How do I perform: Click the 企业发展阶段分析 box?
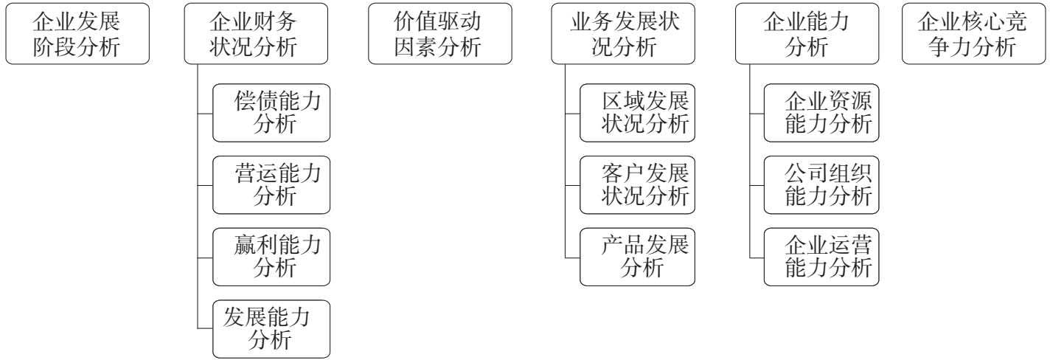(x=77, y=34)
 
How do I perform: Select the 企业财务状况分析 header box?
(x=256, y=34)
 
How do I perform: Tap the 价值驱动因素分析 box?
(x=439, y=34)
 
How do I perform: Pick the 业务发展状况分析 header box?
(x=623, y=34)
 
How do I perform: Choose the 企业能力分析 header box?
(x=807, y=34)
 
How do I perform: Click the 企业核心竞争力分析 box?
(x=973, y=34)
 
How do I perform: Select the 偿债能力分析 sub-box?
(x=271, y=113)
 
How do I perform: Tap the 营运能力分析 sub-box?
(x=271, y=185)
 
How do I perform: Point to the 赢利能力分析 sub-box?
(x=271, y=257)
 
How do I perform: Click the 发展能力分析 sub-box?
(x=271, y=329)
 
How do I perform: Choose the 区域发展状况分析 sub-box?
(x=638, y=113)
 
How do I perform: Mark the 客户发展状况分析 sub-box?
(x=638, y=185)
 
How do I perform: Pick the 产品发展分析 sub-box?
(x=638, y=257)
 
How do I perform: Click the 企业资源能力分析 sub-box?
(x=821, y=113)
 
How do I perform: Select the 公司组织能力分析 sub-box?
(x=821, y=185)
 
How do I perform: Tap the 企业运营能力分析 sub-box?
(x=821, y=257)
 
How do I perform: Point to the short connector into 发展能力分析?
(x=205, y=328)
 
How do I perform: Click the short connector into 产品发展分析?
(x=572, y=257)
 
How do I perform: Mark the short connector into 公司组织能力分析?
(x=757, y=186)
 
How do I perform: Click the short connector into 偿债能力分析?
(x=205, y=114)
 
